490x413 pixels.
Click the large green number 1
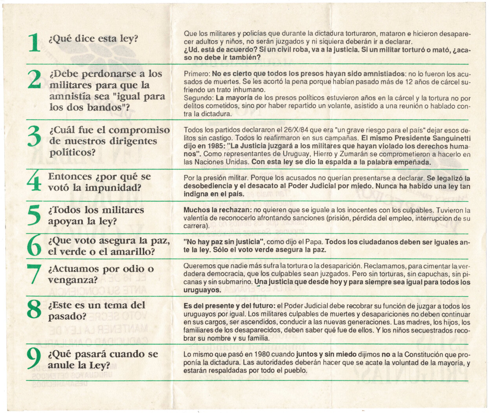35,42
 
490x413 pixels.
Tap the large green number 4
35,182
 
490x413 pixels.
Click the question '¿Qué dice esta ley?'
93,38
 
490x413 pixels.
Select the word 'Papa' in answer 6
314,242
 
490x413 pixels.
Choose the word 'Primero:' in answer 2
197,74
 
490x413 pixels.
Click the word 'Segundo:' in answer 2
198,98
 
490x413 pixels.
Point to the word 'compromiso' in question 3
139,130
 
